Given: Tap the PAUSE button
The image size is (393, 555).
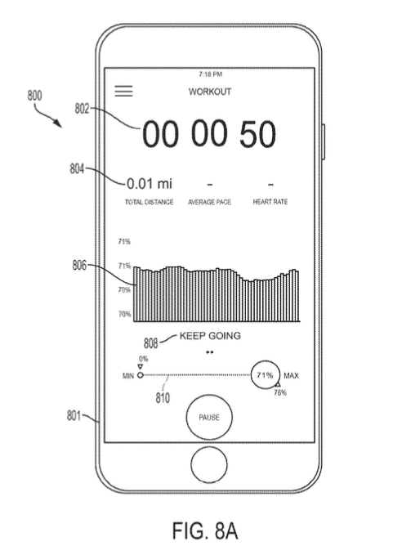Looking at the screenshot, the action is click(209, 417).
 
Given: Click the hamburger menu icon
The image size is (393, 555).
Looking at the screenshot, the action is click(124, 91).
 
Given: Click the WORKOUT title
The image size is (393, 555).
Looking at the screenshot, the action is click(210, 92).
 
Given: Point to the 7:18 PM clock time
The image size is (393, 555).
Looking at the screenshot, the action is click(211, 74).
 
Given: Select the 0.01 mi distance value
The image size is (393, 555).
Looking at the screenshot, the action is click(150, 183).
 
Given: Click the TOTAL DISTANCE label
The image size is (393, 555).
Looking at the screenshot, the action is click(149, 202).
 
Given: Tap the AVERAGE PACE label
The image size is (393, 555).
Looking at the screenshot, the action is click(209, 202).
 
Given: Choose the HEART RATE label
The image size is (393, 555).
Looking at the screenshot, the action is click(270, 202).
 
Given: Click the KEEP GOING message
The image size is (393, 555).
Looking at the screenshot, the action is click(210, 336).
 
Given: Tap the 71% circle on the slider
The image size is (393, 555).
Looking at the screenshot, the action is click(266, 375).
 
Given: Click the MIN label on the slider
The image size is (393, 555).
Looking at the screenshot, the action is click(128, 375).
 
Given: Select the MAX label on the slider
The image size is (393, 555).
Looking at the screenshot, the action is click(291, 375).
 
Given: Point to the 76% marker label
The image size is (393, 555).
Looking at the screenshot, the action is click(280, 392).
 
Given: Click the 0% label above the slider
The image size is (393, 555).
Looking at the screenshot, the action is click(143, 359).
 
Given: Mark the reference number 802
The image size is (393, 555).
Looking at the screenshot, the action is click(82, 109).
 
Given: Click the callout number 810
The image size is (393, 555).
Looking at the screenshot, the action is click(163, 398).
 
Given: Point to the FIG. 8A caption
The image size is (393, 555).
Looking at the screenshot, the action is click(205, 530).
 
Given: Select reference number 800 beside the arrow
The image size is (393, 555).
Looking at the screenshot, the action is click(34, 96).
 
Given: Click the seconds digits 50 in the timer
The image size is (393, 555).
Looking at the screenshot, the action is click(257, 134).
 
